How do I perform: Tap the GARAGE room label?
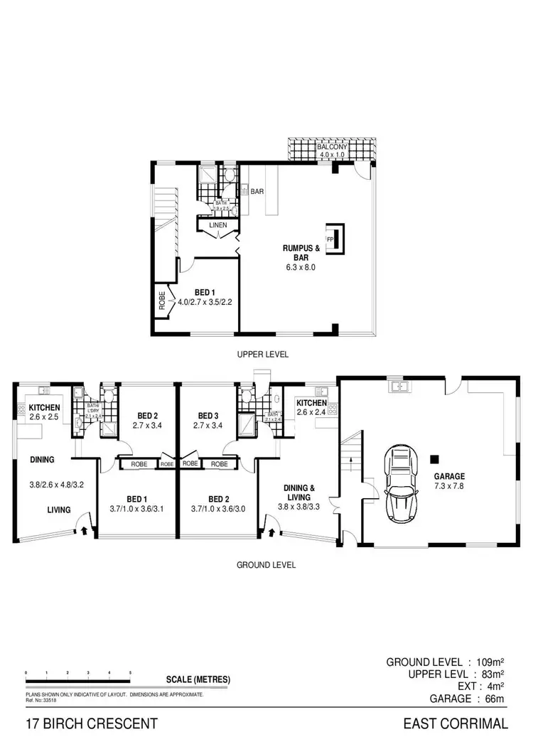451,476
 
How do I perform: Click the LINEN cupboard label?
217,225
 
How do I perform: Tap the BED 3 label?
208,416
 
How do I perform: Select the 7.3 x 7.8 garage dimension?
451,487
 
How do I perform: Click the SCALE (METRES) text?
198,679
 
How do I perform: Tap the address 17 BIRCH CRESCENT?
91,724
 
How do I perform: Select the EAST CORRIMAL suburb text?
455,724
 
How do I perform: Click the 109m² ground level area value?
489,662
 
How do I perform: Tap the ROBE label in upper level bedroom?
162,300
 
